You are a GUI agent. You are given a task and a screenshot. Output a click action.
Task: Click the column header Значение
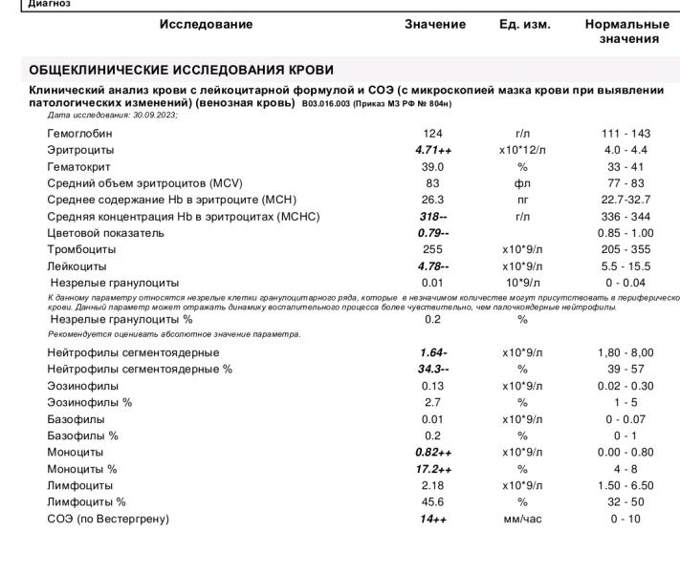click(x=435, y=25)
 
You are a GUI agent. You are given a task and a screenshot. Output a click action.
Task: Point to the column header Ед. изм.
click(x=525, y=25)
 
